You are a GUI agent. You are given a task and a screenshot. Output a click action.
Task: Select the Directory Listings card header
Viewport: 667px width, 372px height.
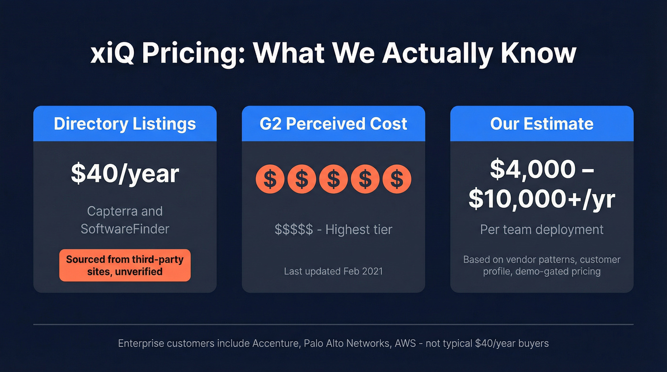[125, 124]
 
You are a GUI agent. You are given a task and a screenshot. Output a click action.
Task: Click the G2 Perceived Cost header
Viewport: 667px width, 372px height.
[333, 124]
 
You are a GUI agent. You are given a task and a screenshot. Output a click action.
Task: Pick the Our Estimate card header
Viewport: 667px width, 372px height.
[542, 124]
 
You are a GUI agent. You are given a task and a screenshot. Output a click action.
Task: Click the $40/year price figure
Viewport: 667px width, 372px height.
[125, 174]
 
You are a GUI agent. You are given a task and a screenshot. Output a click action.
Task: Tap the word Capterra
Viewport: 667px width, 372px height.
[125, 211]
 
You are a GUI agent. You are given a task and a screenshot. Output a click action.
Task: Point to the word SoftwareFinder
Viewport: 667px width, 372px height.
[125, 229]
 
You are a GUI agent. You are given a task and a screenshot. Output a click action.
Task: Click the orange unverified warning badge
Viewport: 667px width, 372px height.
[125, 265]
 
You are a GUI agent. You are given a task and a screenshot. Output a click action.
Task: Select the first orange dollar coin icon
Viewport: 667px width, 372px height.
[270, 179]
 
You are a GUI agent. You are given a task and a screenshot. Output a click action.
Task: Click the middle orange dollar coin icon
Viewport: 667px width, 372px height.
[333, 179]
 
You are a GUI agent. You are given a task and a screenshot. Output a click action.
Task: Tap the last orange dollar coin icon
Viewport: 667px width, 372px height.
[396, 179]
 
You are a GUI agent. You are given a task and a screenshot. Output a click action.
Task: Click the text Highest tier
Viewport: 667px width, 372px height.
[359, 230]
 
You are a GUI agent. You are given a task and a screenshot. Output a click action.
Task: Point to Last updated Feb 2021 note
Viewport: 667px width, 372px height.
[333, 271]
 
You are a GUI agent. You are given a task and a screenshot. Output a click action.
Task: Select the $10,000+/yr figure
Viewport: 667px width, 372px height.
[542, 200]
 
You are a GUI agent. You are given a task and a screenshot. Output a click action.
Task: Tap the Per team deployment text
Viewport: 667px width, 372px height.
[542, 230]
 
